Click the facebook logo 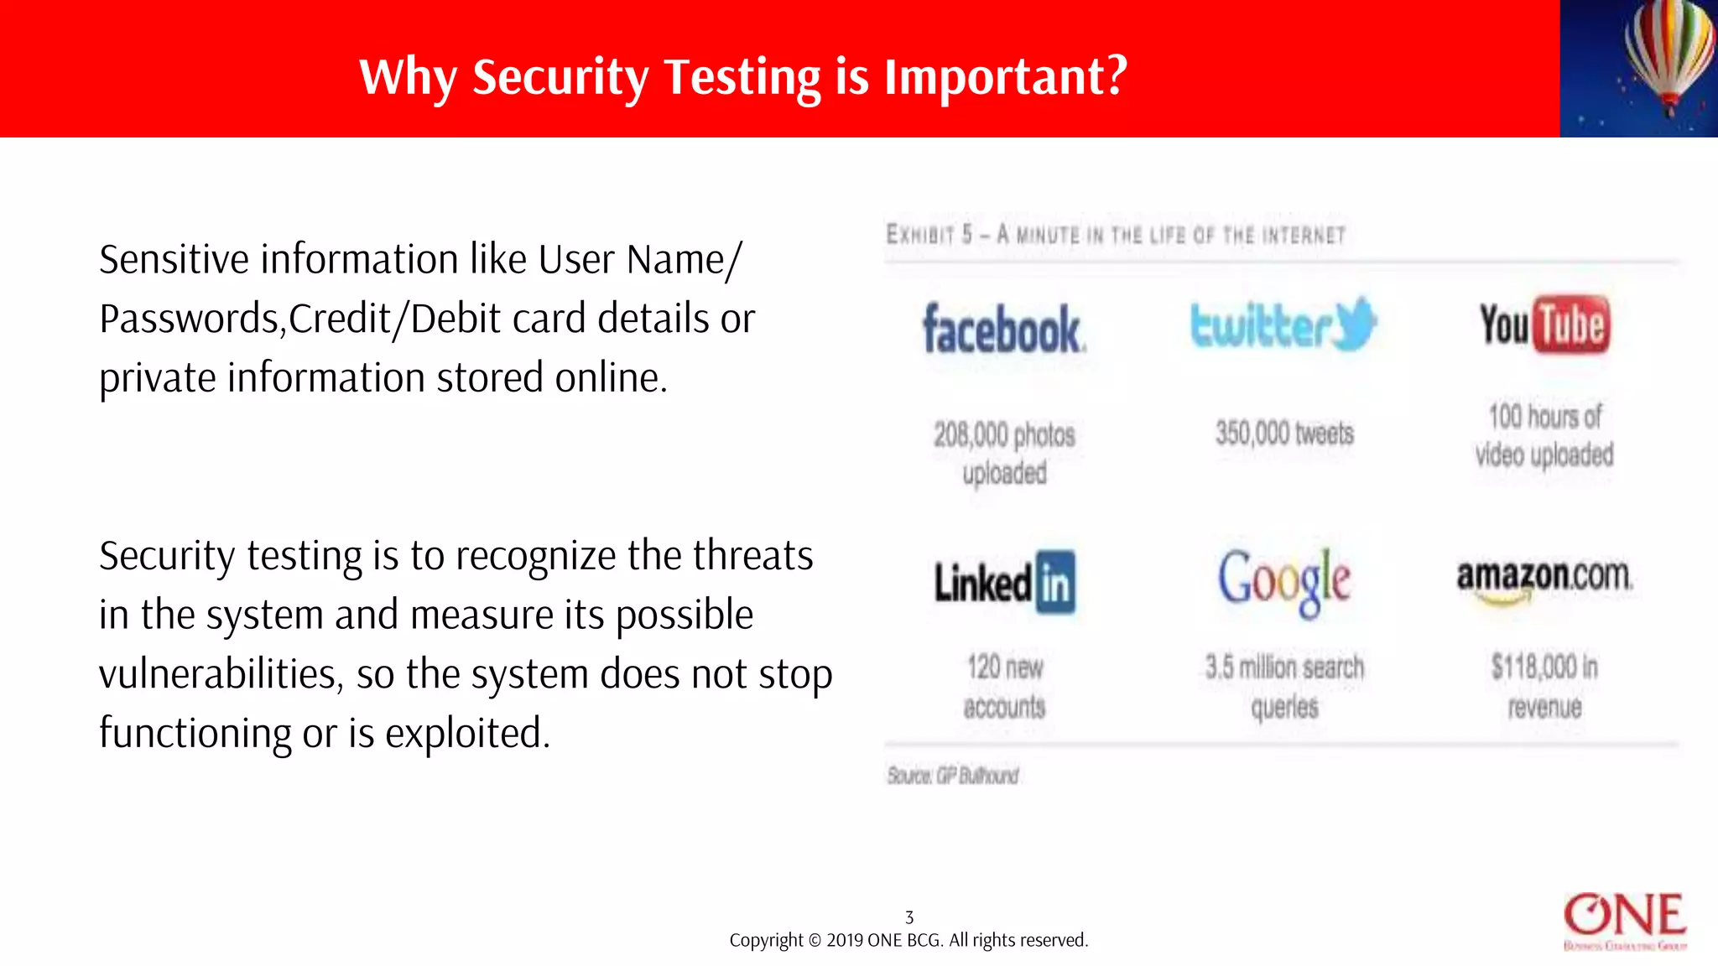pyautogui.click(x=1003, y=329)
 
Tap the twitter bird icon pyautogui.click(x=1352, y=324)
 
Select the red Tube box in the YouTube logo pyautogui.click(x=1571, y=324)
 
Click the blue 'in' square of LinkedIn pyautogui.click(x=1055, y=583)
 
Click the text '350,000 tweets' pyautogui.click(x=1284, y=434)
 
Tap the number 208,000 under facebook pyautogui.click(x=971, y=435)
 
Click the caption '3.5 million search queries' pyautogui.click(x=1284, y=686)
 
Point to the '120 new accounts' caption pyautogui.click(x=1004, y=686)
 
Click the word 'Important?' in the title pyautogui.click(x=1006, y=77)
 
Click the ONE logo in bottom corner pyautogui.click(x=1625, y=920)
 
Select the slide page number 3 pyautogui.click(x=909, y=917)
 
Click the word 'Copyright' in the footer pyautogui.click(x=766, y=941)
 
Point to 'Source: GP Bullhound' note pyautogui.click(x=953, y=776)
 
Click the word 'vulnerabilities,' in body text pyautogui.click(x=221, y=674)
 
